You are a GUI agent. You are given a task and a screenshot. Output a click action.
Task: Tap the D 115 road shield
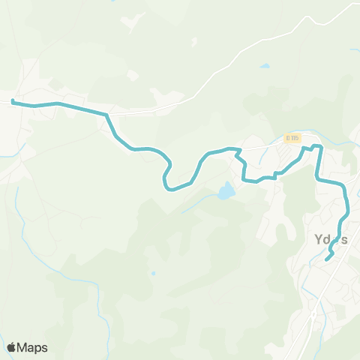[x=292, y=138]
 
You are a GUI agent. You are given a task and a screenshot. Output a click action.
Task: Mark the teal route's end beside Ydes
[x=328, y=259]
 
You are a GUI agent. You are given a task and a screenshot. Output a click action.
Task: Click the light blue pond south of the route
[x=225, y=192]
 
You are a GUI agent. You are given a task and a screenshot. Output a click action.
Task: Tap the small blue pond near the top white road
[x=265, y=66]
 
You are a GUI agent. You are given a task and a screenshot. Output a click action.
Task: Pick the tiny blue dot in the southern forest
[x=153, y=273]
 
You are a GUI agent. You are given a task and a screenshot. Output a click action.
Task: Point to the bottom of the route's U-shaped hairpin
[x=171, y=188]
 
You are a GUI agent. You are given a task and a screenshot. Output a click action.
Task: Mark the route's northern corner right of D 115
[x=318, y=145]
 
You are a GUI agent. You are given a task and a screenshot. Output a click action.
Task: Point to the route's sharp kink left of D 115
[x=239, y=154]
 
